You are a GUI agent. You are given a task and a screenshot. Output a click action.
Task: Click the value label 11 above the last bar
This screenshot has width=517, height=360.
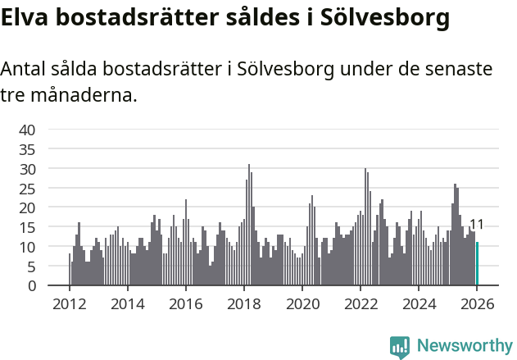coord(476,225)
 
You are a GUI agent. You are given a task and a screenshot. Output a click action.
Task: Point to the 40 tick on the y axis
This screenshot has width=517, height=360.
coord(27,130)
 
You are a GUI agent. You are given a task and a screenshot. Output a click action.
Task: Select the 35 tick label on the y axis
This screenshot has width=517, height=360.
coord(27,149)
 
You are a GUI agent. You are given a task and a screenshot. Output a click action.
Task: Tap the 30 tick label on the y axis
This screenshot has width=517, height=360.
coord(27,169)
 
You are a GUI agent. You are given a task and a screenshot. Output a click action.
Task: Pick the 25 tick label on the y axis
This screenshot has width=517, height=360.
coord(27,189)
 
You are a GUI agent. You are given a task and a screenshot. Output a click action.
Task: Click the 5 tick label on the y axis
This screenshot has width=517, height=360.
coord(31,267)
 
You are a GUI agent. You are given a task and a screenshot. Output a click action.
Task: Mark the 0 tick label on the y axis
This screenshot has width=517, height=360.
coord(31,286)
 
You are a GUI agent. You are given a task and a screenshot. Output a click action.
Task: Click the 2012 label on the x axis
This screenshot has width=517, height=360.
coord(69,303)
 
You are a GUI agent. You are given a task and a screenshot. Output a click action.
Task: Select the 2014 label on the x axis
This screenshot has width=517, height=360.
coord(127,303)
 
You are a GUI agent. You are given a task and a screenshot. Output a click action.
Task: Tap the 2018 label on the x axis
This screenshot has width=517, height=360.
coord(244,303)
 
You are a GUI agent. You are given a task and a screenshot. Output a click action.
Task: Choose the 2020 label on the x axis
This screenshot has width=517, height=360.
coord(302,303)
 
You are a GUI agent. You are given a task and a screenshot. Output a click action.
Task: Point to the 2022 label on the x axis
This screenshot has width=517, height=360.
coord(361,303)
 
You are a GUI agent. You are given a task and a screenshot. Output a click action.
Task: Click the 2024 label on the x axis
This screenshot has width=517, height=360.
coord(419,303)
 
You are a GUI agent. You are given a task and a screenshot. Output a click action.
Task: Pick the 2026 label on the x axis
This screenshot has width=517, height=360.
coord(477,303)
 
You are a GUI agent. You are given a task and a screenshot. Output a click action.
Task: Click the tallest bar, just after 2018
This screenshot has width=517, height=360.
coord(249,226)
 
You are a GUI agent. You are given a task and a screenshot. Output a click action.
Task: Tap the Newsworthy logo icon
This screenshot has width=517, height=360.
coord(400,347)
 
